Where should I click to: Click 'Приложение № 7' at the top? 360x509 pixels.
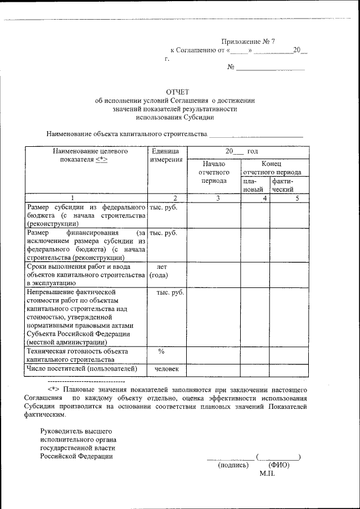[247, 42]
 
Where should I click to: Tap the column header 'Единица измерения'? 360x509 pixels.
[165, 155]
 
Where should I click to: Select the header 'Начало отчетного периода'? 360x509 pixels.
[213, 172]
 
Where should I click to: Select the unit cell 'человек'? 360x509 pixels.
[166, 369]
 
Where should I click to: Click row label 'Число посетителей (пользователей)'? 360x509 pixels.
[82, 369]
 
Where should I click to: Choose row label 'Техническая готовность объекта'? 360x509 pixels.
[77, 351]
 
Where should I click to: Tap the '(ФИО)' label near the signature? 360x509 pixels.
[278, 465]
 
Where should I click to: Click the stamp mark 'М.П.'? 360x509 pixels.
[267, 474]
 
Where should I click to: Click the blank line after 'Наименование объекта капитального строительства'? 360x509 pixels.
[256, 136]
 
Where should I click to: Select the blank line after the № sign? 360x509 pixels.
[271, 68]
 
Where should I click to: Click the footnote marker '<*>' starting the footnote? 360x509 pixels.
[53, 389]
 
